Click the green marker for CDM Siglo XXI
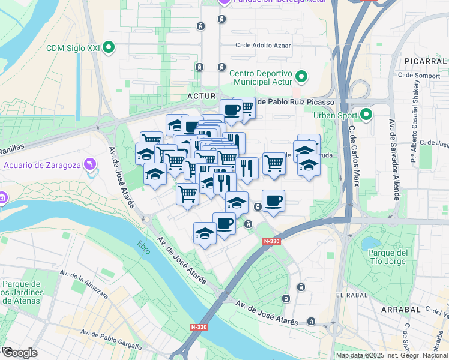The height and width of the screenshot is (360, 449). pos(109,47)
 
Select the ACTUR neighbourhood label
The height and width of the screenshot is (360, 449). pos(201,95)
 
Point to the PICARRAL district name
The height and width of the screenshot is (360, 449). pos(423,61)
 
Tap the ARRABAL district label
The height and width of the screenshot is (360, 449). pos(400,309)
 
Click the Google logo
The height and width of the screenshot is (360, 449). pos(19,353)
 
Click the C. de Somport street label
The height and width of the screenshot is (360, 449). pos(418,75)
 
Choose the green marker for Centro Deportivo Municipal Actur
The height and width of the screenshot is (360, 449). pos(302,77)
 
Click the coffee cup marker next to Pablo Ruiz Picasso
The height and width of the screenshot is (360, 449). pos(231,110)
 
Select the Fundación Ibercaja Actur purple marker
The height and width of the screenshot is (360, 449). pos(224,2)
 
